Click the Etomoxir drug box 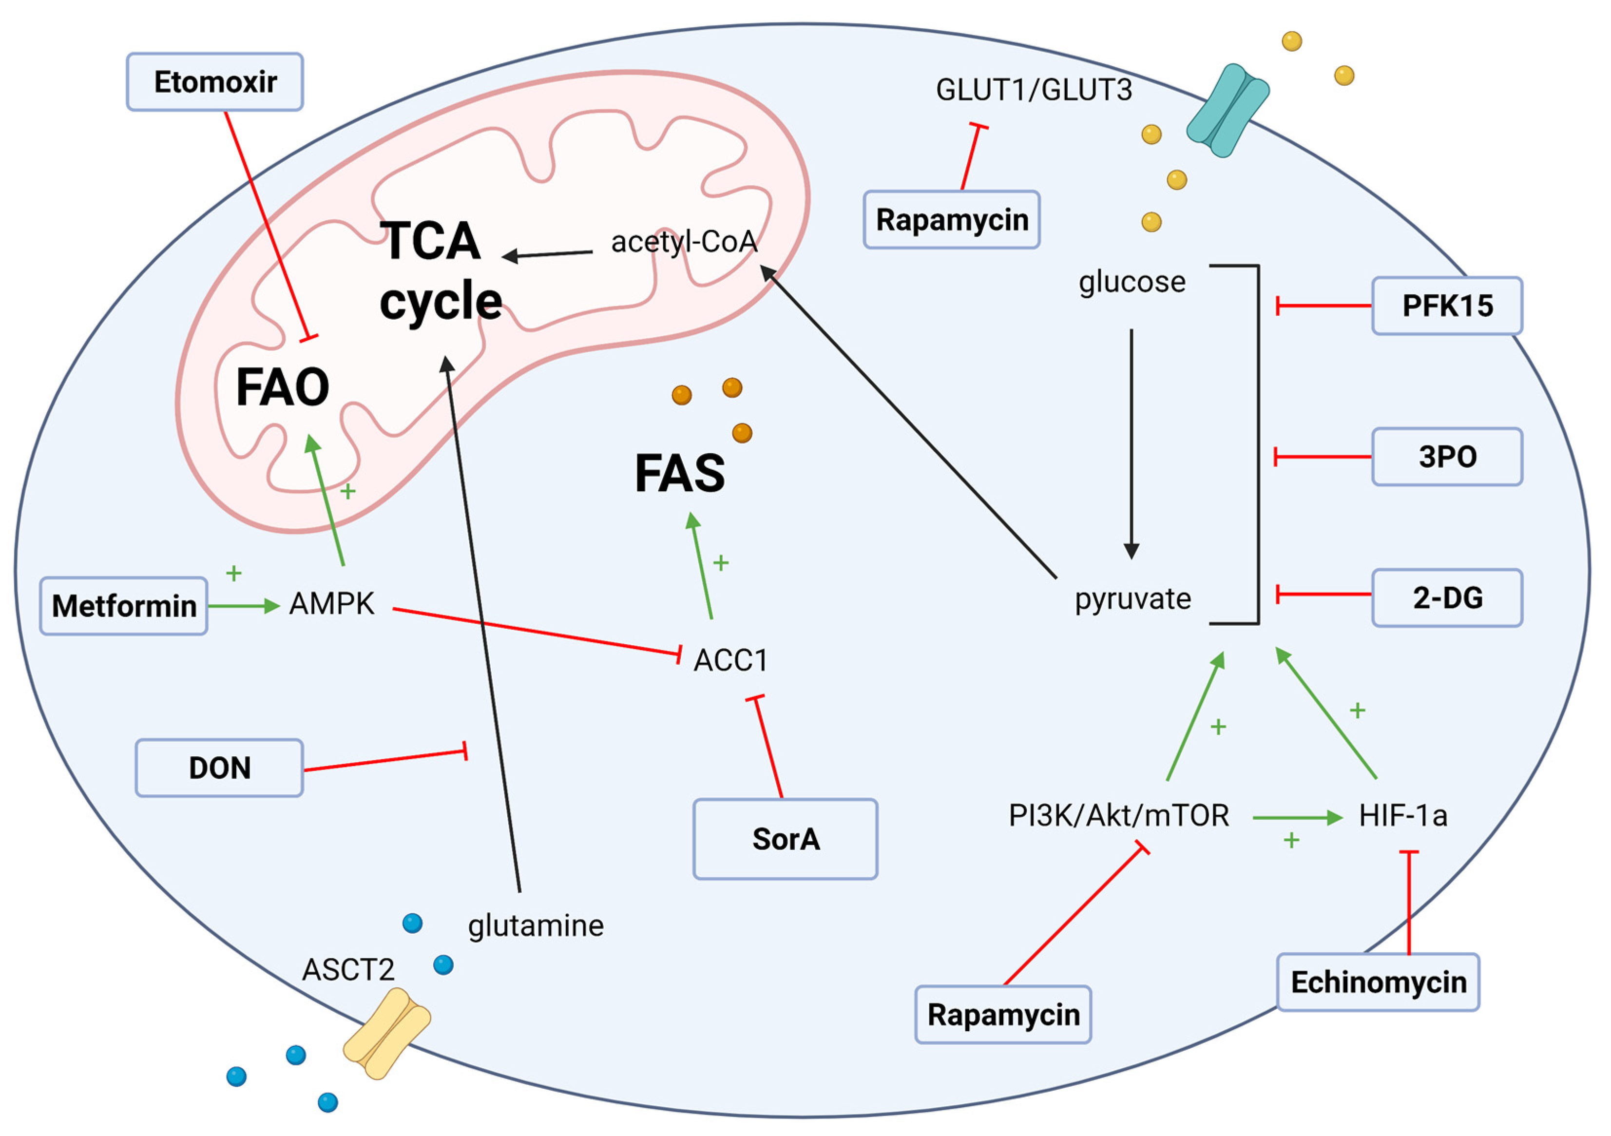click(x=215, y=82)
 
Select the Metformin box click(x=123, y=606)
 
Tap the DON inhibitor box click(x=219, y=768)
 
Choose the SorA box click(x=785, y=839)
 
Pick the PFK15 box click(x=1447, y=306)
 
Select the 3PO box click(x=1447, y=457)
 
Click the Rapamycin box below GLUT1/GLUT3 click(x=951, y=220)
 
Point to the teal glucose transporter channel click(x=1227, y=110)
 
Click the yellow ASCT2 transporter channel click(x=386, y=1033)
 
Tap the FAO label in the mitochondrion click(x=283, y=387)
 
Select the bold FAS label click(x=679, y=474)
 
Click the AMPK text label click(x=332, y=603)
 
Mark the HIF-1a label click(x=1402, y=816)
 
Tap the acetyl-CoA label click(x=684, y=242)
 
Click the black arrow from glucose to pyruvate click(x=1131, y=442)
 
